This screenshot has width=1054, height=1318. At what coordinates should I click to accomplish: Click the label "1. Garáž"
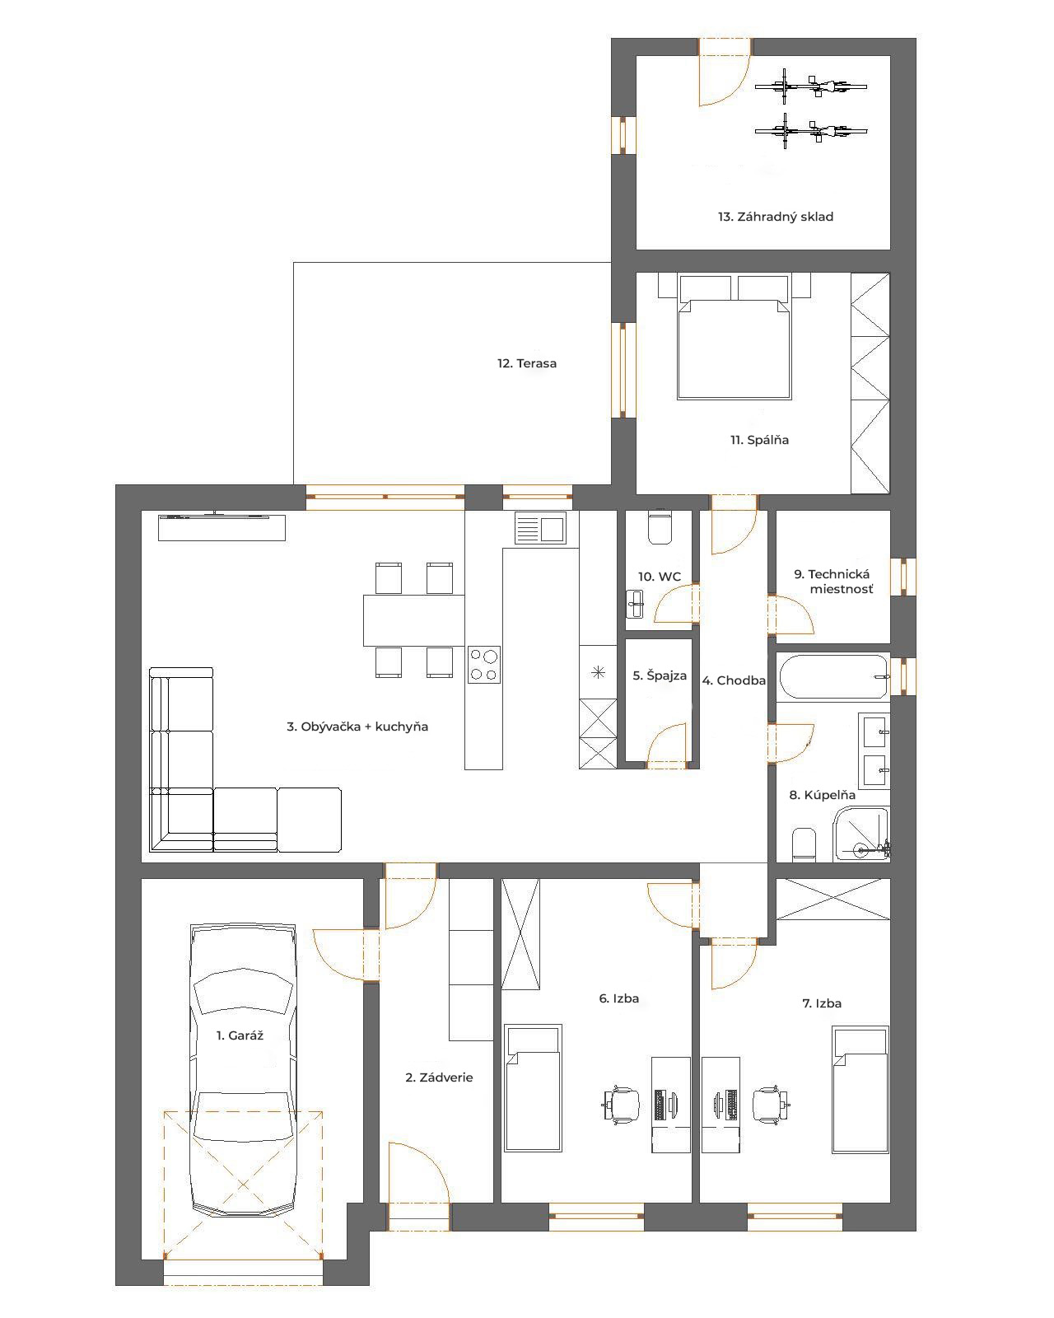point(240,1035)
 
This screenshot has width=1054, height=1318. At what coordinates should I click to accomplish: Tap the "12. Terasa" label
point(527,363)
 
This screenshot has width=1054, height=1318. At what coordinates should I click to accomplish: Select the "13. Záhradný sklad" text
point(776,216)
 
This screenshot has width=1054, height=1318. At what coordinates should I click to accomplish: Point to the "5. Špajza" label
point(660,675)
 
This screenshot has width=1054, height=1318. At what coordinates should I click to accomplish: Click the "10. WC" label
point(660,577)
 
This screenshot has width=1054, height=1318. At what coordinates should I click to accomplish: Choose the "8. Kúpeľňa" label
point(822,795)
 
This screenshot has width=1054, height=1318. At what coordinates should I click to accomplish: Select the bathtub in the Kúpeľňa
point(833,677)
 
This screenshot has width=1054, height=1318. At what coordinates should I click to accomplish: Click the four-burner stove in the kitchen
point(484,665)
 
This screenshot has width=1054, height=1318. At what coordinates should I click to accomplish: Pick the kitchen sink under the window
point(540,528)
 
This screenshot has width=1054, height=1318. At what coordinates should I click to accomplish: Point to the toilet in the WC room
point(660,526)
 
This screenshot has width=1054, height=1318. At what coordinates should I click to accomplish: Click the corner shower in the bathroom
point(861,834)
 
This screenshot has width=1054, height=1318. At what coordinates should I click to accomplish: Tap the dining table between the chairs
point(414,620)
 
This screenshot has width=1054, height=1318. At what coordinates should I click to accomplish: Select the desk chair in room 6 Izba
point(621,1105)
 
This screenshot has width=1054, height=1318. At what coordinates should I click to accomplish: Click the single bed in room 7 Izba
point(860,1090)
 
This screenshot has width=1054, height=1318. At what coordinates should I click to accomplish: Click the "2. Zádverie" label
point(439,1077)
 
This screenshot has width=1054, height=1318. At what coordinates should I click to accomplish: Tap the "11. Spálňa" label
point(759,440)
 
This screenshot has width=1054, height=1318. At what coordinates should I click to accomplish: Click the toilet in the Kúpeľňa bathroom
point(804,844)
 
